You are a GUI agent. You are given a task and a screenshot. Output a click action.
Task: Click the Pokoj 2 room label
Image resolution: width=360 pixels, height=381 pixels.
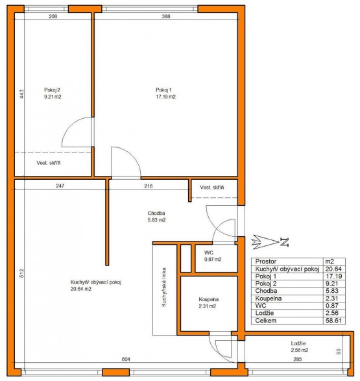click(52, 90)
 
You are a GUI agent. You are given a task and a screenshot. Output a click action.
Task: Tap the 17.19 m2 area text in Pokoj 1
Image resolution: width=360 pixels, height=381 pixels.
click(165, 97)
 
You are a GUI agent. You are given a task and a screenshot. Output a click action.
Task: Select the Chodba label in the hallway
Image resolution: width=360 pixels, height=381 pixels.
click(156, 213)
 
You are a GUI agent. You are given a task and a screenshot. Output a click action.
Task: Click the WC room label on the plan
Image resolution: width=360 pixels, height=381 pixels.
click(209, 252)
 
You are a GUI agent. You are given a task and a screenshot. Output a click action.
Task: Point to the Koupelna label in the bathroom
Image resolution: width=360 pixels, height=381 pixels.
click(209, 299)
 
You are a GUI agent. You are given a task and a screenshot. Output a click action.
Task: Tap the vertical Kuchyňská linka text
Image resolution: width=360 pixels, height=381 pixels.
click(164, 287)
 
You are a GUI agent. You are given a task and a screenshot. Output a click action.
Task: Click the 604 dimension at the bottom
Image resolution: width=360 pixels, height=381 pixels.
click(126, 359)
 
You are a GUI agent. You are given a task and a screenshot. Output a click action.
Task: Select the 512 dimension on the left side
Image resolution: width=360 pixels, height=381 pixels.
click(21, 273)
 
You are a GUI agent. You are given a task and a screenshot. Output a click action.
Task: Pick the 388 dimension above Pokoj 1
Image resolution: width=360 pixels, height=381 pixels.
click(166, 16)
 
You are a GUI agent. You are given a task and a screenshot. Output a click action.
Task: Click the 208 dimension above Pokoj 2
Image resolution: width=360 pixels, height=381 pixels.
click(53, 16)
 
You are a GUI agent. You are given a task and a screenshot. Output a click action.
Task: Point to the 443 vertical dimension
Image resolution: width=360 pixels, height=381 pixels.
click(21, 94)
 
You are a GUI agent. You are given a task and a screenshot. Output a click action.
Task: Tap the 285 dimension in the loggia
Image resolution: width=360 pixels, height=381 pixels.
click(298, 359)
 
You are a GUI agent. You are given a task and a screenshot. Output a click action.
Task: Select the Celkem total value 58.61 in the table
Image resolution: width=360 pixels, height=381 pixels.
click(334, 320)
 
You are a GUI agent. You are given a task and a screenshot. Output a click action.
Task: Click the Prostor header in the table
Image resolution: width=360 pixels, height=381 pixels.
click(266, 262)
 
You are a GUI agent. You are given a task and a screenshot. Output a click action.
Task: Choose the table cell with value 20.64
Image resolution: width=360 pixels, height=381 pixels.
click(334, 269)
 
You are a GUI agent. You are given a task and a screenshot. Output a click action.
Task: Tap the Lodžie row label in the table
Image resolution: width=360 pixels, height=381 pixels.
click(265, 313)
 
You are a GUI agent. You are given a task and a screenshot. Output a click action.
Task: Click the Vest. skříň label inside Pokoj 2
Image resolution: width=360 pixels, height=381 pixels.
click(49, 163)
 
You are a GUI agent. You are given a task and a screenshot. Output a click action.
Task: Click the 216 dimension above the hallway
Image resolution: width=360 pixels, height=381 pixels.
click(149, 186)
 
